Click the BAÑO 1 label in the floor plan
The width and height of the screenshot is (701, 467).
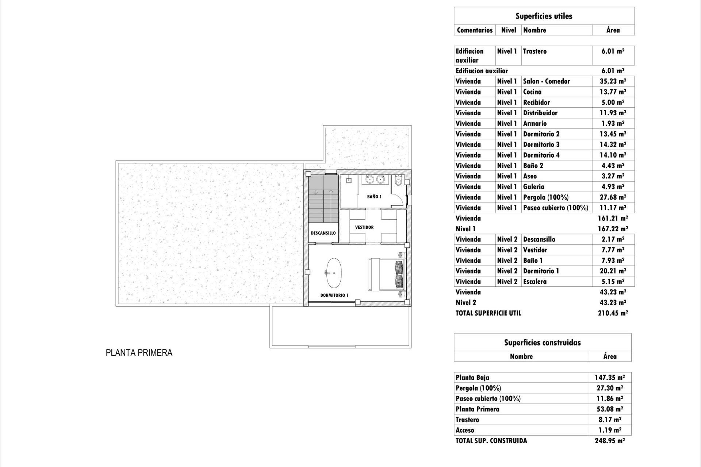(374, 197)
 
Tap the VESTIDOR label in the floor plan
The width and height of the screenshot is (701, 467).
(364, 227)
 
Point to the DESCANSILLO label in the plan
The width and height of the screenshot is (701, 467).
(323, 233)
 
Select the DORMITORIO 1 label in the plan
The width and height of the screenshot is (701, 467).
(334, 295)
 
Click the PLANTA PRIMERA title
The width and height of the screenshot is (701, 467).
(139, 353)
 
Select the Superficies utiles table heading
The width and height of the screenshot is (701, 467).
(544, 16)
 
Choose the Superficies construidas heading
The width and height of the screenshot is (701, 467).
(542, 343)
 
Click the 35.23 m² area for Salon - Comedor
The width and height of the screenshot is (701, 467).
(613, 81)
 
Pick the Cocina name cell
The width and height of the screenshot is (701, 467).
(532, 92)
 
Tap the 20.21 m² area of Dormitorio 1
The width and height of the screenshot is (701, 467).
(613, 271)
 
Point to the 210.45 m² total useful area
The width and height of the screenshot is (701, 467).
(613, 313)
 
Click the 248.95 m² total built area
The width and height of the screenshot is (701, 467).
(610, 441)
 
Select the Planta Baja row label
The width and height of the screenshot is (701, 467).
(472, 378)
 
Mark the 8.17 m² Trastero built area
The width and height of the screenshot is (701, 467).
(610, 420)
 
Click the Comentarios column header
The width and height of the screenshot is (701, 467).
(475, 30)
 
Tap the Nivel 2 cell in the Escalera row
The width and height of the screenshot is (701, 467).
(507, 282)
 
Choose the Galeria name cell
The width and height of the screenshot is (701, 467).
(533, 187)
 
